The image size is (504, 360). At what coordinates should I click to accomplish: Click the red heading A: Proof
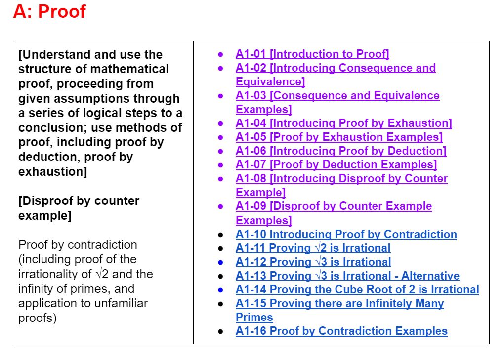click(x=49, y=11)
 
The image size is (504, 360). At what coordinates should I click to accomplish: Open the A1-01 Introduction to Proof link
click(x=312, y=54)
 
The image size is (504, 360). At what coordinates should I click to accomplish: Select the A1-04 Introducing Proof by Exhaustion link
click(x=343, y=123)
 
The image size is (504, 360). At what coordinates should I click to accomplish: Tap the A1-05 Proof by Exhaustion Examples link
click(x=339, y=137)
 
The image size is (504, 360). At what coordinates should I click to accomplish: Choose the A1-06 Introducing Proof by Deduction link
click(x=341, y=151)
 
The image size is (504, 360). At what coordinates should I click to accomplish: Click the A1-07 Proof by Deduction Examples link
click(x=336, y=164)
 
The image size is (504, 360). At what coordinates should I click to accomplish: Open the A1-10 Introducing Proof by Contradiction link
click(x=346, y=234)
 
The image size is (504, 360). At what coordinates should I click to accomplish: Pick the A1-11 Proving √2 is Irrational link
click(x=313, y=248)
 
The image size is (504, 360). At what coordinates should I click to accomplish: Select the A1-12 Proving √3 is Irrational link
click(x=313, y=262)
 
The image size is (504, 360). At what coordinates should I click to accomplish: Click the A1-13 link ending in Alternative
click(x=347, y=276)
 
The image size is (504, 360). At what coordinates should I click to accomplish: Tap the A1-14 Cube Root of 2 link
click(x=357, y=289)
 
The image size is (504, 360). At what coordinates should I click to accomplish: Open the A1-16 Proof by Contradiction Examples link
click(x=341, y=331)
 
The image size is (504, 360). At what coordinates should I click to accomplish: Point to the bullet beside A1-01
click(x=221, y=54)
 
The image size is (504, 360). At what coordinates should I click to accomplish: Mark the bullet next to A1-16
click(x=221, y=331)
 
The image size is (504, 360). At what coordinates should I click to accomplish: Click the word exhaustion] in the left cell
click(x=53, y=172)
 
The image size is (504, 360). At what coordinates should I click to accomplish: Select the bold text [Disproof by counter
click(x=79, y=201)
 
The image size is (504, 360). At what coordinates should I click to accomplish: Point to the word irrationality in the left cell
click(x=48, y=274)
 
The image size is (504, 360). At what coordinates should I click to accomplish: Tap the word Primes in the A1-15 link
click(x=254, y=317)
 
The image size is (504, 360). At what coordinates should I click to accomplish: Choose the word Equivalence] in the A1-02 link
click(x=270, y=81)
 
